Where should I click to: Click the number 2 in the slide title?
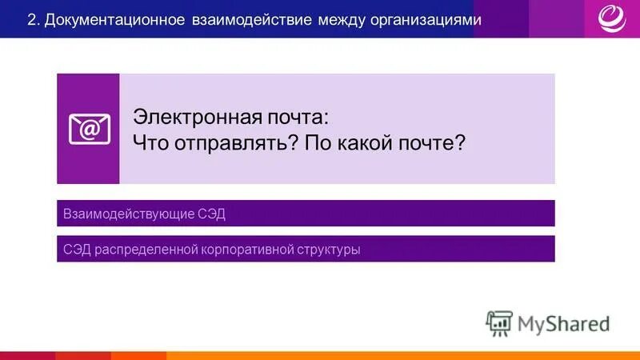[31, 19]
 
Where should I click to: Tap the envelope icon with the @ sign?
[89, 129]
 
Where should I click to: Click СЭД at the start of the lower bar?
[77, 249]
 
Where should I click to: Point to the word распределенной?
[146, 249]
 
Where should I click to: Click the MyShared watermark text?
[563, 323]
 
